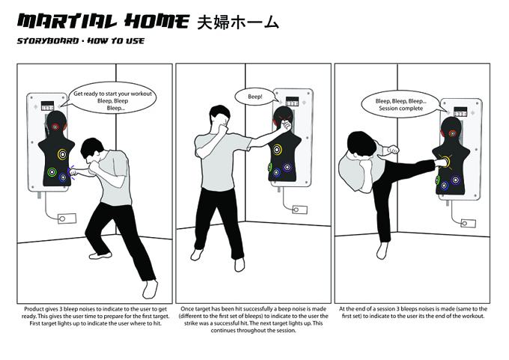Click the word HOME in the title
click(x=156, y=22)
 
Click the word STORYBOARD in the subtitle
click(x=48, y=41)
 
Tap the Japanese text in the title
click(x=238, y=22)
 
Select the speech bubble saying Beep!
click(x=254, y=97)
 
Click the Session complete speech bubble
click(x=401, y=105)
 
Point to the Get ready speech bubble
click(x=112, y=97)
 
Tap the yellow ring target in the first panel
click(x=63, y=154)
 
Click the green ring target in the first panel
click(x=52, y=172)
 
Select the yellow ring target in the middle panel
click(x=277, y=150)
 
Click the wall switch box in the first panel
click(x=67, y=219)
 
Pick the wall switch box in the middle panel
click(x=299, y=210)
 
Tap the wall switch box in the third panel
click(x=468, y=223)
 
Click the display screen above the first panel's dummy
click(x=47, y=106)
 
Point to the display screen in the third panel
click(x=460, y=112)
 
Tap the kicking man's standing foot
click(x=382, y=250)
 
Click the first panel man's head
click(x=92, y=151)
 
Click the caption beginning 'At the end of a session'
click(x=413, y=312)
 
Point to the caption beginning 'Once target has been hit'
click(x=253, y=320)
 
